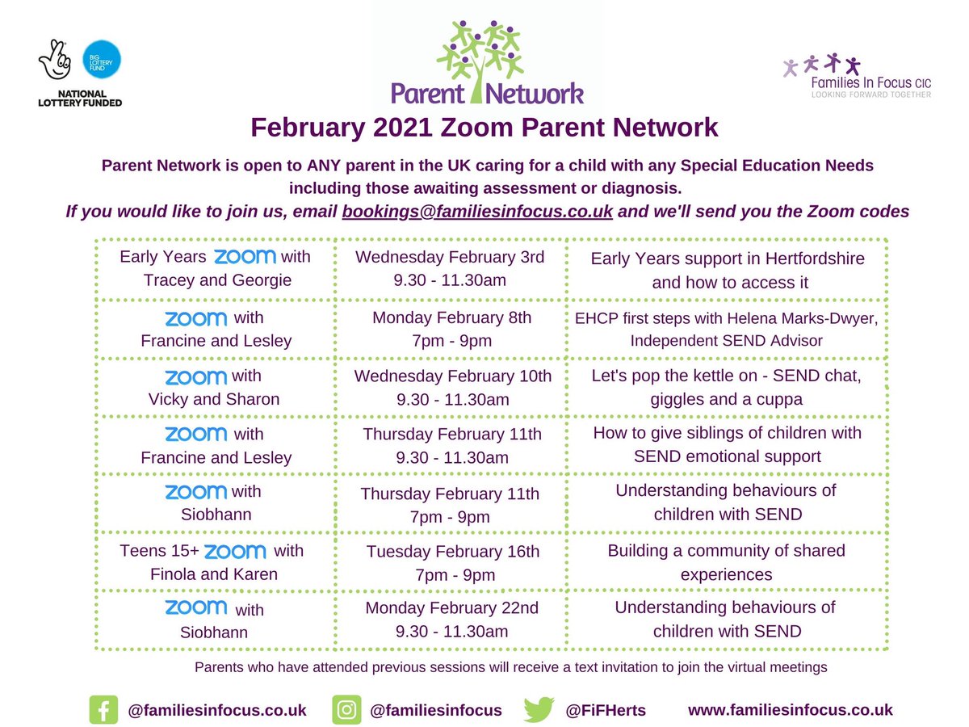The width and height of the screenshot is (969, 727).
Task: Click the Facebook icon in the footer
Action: click(x=103, y=710)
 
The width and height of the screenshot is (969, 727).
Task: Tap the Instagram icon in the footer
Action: click(x=346, y=710)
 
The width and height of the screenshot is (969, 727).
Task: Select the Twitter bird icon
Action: click(x=539, y=710)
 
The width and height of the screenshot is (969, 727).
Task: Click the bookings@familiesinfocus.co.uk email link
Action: click(x=477, y=212)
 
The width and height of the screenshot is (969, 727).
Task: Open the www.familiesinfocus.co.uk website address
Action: click(x=791, y=710)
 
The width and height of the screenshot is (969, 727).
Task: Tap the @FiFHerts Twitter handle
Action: click(x=606, y=711)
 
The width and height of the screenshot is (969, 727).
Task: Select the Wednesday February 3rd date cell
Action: click(x=451, y=270)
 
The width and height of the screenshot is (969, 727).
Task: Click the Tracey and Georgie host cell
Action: click(x=216, y=270)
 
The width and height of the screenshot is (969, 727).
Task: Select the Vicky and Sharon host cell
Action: click(x=216, y=388)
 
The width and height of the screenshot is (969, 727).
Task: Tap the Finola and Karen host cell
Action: click(x=216, y=563)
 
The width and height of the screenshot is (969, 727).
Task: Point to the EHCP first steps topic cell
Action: click(x=727, y=329)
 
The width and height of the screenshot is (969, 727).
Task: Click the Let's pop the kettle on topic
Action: click(x=727, y=388)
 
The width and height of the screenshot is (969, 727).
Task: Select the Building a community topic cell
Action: click(x=727, y=563)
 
